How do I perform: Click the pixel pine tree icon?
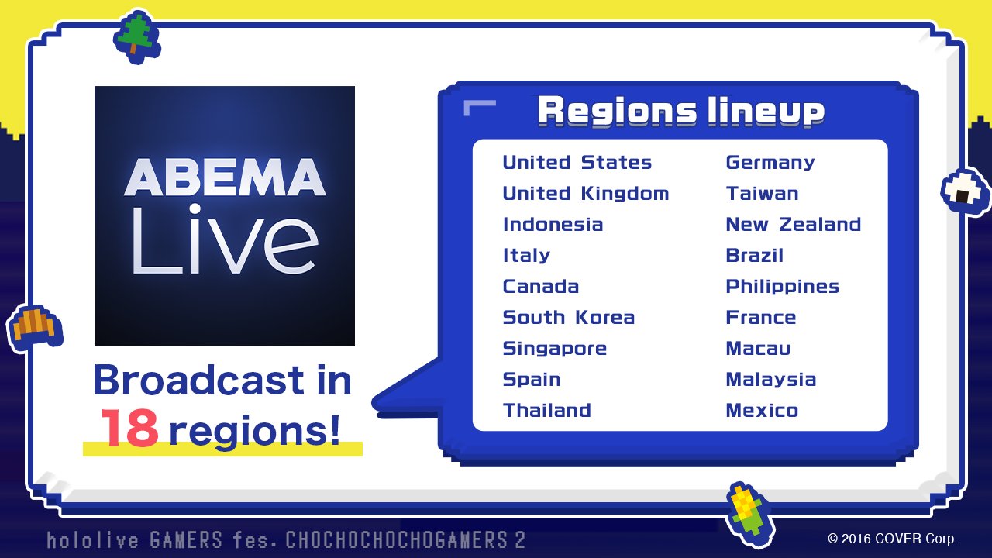pyautogui.click(x=137, y=36)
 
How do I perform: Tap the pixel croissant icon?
pyautogui.click(x=35, y=328)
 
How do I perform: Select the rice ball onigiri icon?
pyautogui.click(x=965, y=191)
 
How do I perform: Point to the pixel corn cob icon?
pyautogui.click(x=749, y=514)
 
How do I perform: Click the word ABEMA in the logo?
pyautogui.click(x=225, y=177)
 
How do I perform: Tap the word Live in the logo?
pyautogui.click(x=225, y=239)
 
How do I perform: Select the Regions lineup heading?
pyautogui.click(x=681, y=111)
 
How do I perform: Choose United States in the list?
pyautogui.click(x=577, y=163)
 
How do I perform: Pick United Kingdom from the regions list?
pyautogui.click(x=585, y=194)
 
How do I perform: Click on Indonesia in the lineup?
pyautogui.click(x=553, y=225)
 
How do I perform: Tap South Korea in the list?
pyautogui.click(x=569, y=318)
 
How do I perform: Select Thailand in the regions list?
pyautogui.click(x=547, y=411)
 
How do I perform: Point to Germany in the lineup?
pyautogui.click(x=770, y=164)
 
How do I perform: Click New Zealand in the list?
pyautogui.click(x=793, y=225)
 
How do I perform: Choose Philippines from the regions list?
pyautogui.click(x=783, y=288)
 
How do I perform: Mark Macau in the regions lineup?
pyautogui.click(x=758, y=349)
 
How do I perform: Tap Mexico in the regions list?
pyautogui.click(x=762, y=411)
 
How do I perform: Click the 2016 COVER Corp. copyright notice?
pyautogui.click(x=892, y=539)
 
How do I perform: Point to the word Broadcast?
pyautogui.click(x=198, y=380)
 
